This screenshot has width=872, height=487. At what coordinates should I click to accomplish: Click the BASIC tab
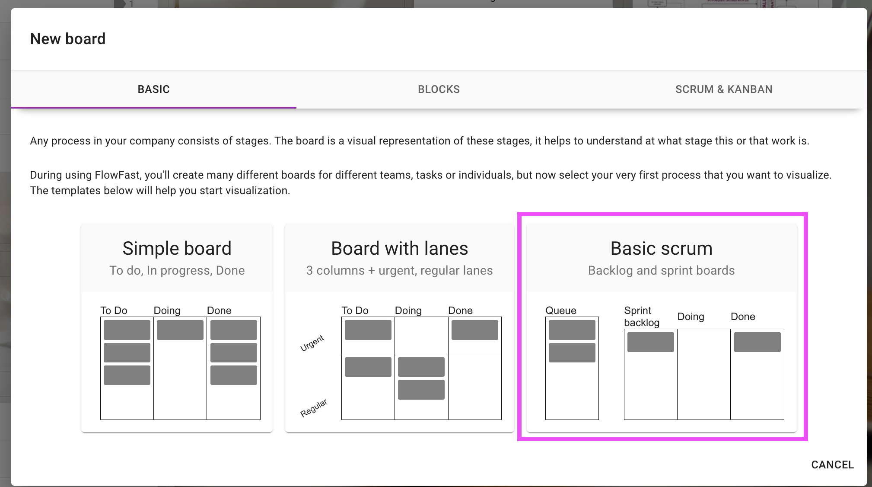[153, 90]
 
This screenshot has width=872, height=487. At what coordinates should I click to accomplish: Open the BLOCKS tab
[439, 90]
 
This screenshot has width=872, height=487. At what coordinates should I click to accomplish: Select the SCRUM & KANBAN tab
[724, 90]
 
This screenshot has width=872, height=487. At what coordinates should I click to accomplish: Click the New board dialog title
[68, 39]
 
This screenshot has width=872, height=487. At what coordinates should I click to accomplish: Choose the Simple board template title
[177, 248]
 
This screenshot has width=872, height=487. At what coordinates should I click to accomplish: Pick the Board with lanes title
[399, 248]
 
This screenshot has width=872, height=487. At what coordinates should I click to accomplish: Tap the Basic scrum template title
[661, 248]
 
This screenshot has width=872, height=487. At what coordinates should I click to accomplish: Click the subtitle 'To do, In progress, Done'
[177, 270]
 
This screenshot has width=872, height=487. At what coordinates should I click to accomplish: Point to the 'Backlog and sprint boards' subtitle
[661, 270]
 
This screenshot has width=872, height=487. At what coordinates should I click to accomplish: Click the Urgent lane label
[312, 343]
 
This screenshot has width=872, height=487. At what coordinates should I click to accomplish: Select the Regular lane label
[314, 408]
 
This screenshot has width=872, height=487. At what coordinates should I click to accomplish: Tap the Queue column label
[561, 311]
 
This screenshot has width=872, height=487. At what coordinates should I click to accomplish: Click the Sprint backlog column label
[642, 317]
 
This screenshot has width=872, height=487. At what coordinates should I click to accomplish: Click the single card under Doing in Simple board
[180, 330]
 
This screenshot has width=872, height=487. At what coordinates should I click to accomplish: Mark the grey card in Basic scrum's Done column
[757, 342]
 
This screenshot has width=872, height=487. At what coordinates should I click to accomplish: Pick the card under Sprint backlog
[651, 342]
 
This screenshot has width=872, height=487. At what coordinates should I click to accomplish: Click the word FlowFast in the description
[117, 175]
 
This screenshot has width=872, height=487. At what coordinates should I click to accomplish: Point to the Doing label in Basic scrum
[691, 317]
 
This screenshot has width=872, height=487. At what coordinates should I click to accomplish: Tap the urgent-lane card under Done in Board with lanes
[475, 330]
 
